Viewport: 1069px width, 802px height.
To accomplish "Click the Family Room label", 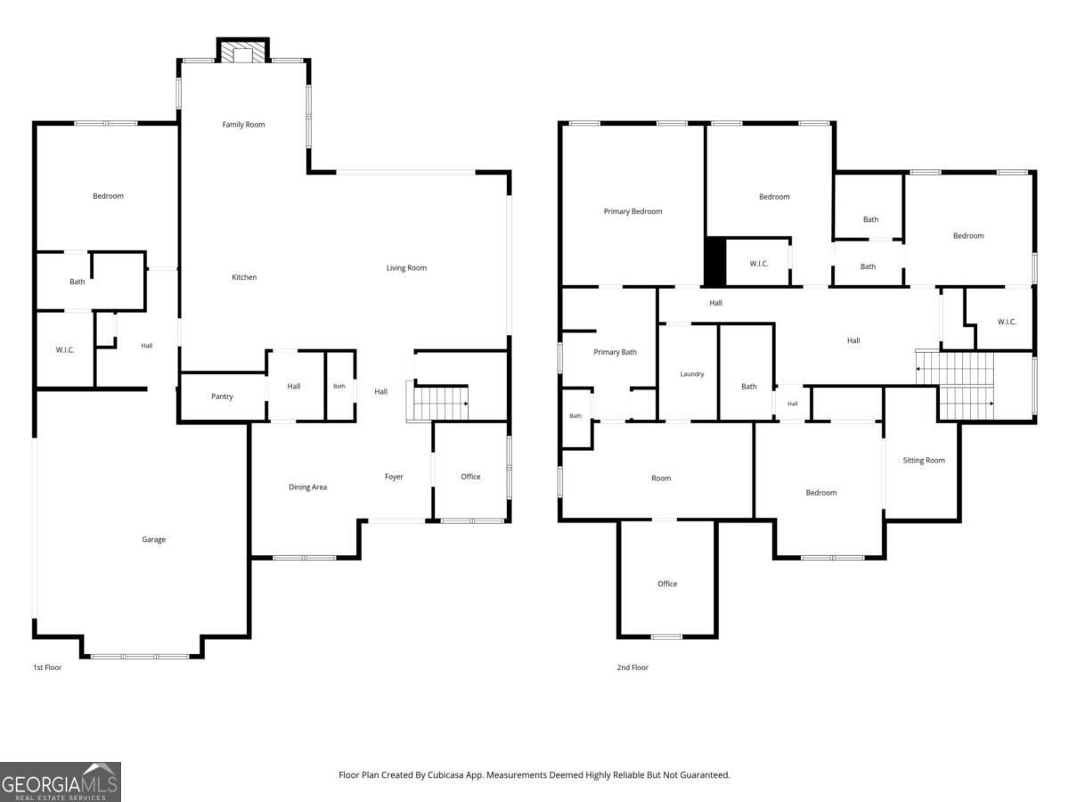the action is tap(243, 125).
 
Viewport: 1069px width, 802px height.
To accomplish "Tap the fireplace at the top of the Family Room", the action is tap(243, 51).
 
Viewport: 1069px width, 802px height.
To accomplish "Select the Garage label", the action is tap(154, 539).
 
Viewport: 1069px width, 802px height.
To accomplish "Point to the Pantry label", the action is tap(222, 397).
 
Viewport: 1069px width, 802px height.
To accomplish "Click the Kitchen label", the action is tap(244, 277).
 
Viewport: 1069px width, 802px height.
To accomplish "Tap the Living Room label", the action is tap(406, 268).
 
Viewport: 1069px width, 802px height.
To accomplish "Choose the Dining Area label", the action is tap(308, 487).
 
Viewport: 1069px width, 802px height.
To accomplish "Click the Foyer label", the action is tap(394, 477).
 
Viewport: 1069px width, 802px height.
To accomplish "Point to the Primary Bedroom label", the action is tap(632, 211).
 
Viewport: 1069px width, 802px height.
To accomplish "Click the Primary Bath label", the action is tap(615, 352).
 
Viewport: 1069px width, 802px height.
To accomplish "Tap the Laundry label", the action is tap(692, 374).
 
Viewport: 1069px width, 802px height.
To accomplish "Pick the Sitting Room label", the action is tap(924, 460).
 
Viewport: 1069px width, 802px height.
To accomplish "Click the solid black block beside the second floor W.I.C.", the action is tap(715, 261).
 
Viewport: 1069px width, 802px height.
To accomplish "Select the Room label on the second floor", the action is tap(661, 479).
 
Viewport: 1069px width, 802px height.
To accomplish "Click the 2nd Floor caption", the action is tap(632, 667).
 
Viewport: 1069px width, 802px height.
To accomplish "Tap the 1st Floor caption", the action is tap(47, 667).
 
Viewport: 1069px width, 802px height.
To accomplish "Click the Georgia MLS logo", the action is tap(61, 782).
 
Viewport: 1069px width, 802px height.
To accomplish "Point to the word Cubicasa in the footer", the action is tap(445, 775).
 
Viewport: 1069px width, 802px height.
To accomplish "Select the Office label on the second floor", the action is tap(667, 584).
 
